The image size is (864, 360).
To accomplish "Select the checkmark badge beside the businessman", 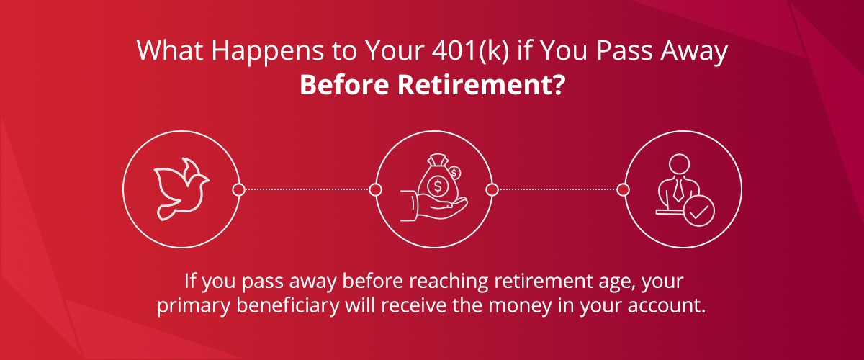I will pos(699,212).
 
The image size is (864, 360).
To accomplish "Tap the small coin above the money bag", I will pos(454,172).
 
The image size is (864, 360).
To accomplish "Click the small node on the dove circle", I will pos(238,189).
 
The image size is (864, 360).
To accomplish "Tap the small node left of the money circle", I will pos(375,189).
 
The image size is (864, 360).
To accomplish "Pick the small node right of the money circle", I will pos(492,189).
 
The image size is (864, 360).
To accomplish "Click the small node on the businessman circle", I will pos(624,189).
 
